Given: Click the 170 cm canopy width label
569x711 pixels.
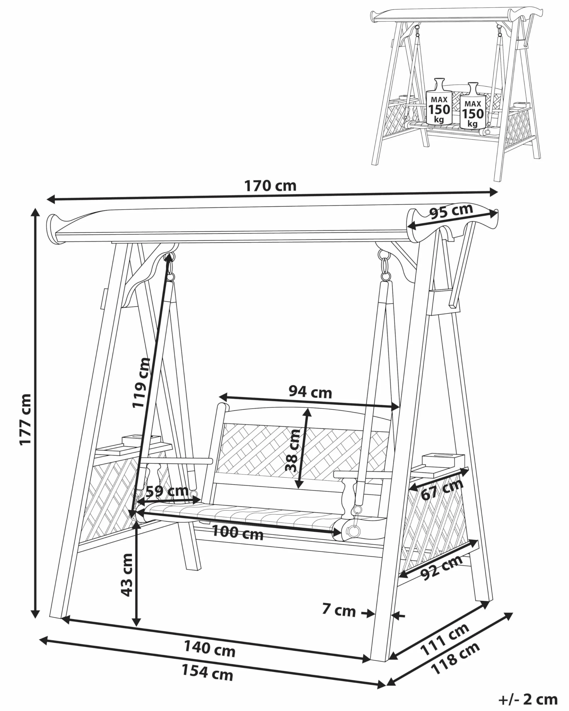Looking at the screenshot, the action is pos(270,186).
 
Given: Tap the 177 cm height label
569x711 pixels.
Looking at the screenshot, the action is pos(26,420).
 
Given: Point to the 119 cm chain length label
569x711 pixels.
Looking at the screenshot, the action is pos(141,382).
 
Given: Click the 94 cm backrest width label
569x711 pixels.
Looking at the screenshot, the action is pos(310,392).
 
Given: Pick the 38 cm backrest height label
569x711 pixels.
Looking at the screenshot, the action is pos(292,450).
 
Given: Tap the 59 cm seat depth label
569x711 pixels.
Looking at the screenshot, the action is pos(167,491).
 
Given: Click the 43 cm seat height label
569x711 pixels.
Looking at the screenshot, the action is pos(127,575).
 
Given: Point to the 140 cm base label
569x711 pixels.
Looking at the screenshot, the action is pos(209,648).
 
